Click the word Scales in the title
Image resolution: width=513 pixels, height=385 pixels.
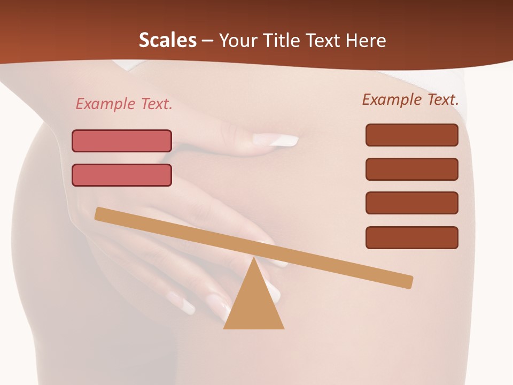pos(167,41)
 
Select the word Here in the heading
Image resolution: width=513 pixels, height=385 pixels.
pos(366,41)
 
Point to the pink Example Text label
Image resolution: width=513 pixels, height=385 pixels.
pos(124,104)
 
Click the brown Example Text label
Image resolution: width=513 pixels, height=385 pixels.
pos(410,99)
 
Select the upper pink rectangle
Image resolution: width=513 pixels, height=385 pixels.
pos(122,141)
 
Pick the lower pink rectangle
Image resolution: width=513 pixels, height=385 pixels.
pos(122,175)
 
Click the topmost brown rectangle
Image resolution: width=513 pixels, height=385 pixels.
pos(412,135)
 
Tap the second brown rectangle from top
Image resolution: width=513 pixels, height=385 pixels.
pos(412,169)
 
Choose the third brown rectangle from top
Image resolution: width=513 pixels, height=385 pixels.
pos(412,203)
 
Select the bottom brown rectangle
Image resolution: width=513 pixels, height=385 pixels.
pos(412,237)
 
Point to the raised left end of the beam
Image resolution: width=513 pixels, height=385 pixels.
pos(100,213)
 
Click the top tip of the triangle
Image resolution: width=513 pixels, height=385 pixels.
pos(254,259)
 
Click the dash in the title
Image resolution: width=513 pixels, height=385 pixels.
pos(207,41)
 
